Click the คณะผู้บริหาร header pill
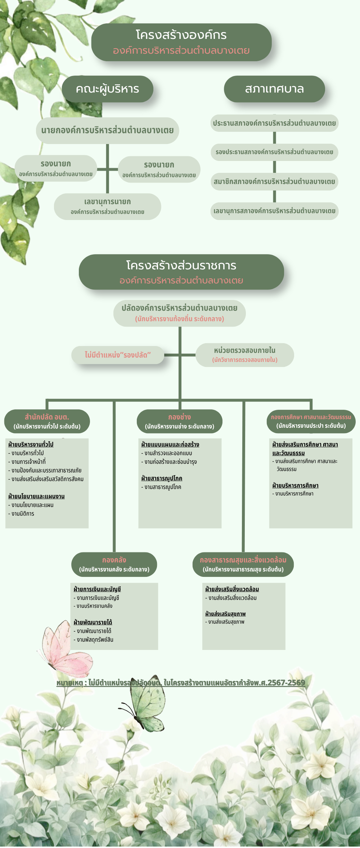pyautogui.click(x=107, y=89)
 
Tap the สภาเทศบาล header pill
pyautogui.click(x=274, y=89)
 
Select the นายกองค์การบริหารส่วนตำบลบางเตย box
pyautogui.click(x=107, y=130)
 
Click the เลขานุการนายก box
pyautogui.click(x=107, y=206)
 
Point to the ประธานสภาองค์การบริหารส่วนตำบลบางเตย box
pyautogui.click(x=274, y=123)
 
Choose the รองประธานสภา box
pyautogui.click(x=274, y=152)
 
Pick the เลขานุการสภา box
pyautogui.click(x=274, y=211)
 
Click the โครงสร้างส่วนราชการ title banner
pyautogui.click(x=181, y=272)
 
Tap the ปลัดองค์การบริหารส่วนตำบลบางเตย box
pyautogui.click(x=179, y=313)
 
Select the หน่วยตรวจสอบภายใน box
pyautogui.click(x=244, y=355)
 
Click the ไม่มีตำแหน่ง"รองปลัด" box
pyautogui.click(x=118, y=355)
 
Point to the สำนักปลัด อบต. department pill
pyautogui.click(x=47, y=421)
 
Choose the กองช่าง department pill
pyautogui.click(x=179, y=421)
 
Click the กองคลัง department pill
pyautogui.click(x=114, y=564)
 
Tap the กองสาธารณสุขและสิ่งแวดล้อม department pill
pyautogui.click(x=243, y=564)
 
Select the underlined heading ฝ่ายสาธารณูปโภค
pyautogui.click(x=162, y=478)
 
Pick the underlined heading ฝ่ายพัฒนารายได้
pyautogui.click(x=93, y=622)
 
